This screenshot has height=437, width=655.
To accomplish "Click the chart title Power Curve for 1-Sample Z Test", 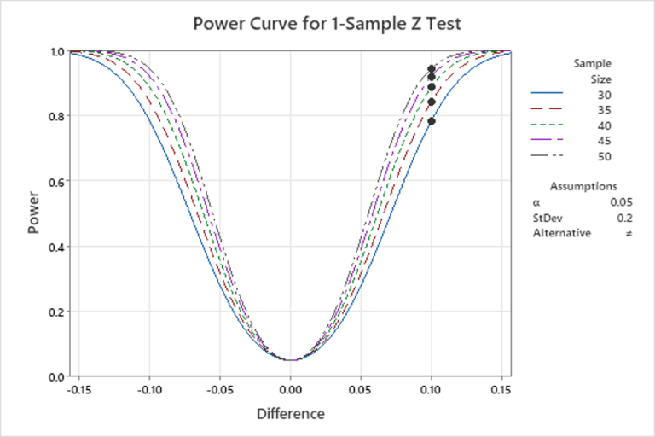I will [x=327, y=23].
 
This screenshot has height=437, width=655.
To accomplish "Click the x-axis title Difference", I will [x=290, y=414].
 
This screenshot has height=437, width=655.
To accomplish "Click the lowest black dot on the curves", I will [x=432, y=121].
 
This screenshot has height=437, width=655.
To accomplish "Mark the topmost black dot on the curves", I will [x=432, y=68].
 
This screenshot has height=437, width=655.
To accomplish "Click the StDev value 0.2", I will [x=624, y=218].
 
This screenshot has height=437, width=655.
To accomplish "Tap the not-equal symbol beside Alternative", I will [x=629, y=233].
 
